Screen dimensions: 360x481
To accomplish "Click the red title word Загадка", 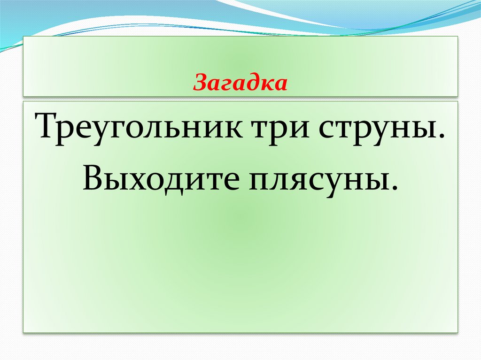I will [240, 83].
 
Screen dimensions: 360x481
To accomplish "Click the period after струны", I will [442, 137].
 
